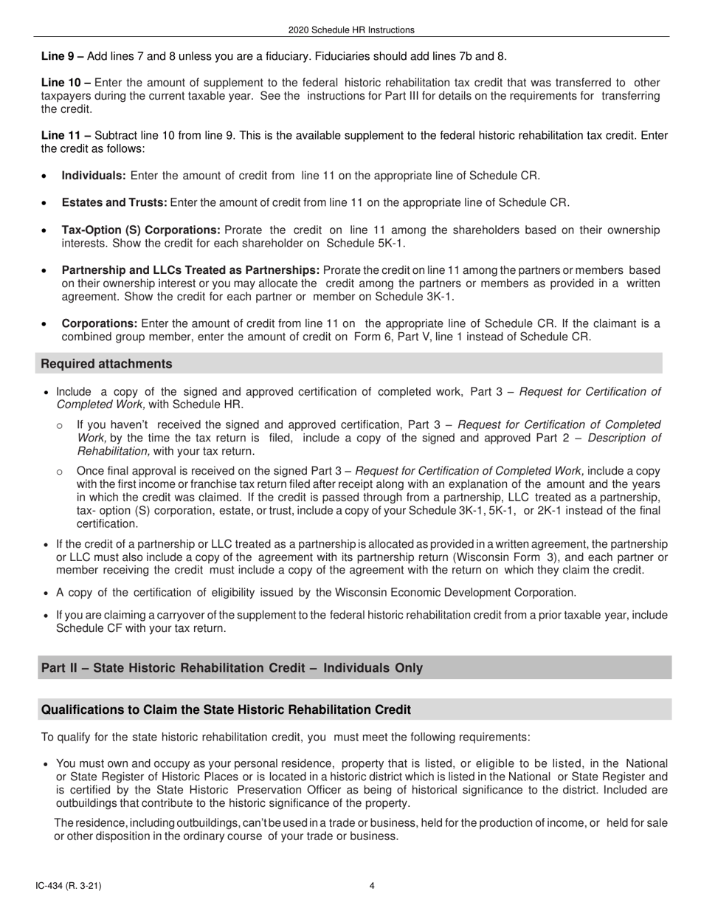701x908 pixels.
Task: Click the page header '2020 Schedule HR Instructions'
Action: (351, 30)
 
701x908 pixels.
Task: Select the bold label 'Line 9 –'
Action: (63, 56)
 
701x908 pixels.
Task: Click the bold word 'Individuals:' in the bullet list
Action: (94, 176)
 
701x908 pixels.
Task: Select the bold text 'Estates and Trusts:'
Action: (114, 203)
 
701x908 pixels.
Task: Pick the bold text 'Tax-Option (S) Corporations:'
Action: (141, 230)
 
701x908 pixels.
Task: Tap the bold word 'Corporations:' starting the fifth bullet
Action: (100, 323)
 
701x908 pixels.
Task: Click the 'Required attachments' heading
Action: (107, 364)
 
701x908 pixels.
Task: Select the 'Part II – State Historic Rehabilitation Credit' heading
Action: (232, 668)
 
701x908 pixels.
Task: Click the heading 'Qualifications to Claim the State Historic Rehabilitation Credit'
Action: (226, 709)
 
